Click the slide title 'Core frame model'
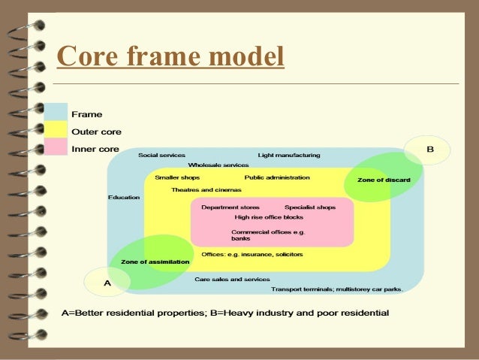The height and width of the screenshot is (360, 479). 170,56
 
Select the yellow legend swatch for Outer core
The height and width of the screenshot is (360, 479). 56,130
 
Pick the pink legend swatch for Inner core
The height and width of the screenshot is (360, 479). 56,147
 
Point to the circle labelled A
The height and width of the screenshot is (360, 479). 107,282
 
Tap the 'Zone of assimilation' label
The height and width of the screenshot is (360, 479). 150,262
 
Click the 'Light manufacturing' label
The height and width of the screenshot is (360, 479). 288,156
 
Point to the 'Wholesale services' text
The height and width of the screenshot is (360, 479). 218,165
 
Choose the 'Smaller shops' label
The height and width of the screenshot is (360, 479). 177,178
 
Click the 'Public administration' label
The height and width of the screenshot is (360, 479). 277,178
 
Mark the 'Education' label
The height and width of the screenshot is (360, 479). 124,198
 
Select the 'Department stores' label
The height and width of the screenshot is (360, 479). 230,207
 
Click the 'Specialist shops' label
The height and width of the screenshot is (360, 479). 310,207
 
